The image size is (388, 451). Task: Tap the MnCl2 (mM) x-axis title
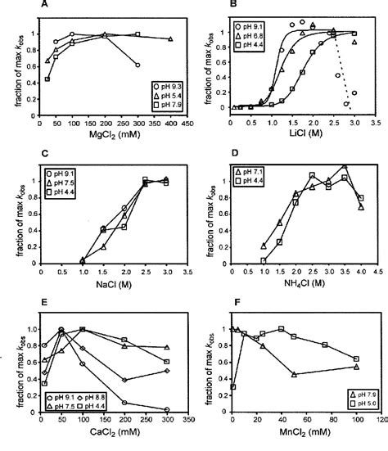coord(300,438)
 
